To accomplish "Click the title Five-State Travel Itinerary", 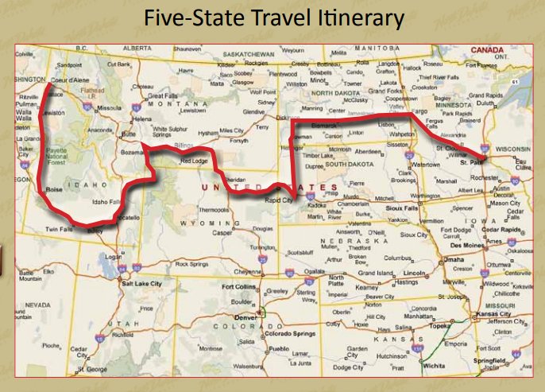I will coord(272,17).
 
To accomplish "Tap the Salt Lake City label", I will coord(140,283).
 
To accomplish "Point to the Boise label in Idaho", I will coord(54,190).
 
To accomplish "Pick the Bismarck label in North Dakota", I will coord(325,125).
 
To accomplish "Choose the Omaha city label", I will coord(454,259).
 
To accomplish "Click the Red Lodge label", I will coord(193,161).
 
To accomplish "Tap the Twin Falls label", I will coord(56,228).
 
